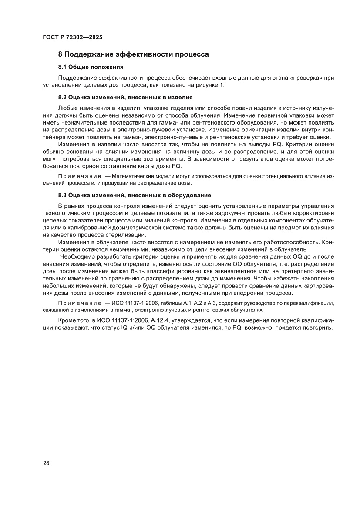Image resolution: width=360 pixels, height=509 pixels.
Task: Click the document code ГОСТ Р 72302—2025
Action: [73, 38]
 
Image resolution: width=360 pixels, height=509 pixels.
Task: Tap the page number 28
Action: [46, 463]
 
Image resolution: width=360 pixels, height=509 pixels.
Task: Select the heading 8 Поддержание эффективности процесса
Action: [134, 55]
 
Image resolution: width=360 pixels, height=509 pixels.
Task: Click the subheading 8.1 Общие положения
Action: [91, 67]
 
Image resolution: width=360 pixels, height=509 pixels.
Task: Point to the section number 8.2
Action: [64, 97]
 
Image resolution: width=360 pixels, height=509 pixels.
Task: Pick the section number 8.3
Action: [64, 195]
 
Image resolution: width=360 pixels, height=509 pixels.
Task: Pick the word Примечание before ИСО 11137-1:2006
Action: [77, 303]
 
